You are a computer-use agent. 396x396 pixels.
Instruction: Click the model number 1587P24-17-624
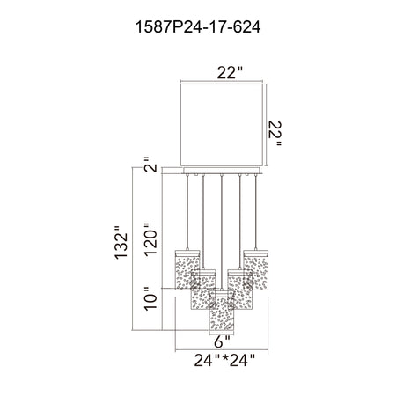tap(198, 27)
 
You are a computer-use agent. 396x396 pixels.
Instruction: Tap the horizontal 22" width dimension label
tap(230, 72)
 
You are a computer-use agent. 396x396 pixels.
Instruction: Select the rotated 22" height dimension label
tap(275, 134)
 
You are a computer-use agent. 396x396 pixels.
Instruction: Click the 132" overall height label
tap(121, 242)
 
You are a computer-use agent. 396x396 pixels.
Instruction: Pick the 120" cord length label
tap(150, 239)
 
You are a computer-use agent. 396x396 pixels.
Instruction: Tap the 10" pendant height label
tap(150, 298)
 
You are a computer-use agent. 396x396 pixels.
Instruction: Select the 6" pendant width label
tap(222, 341)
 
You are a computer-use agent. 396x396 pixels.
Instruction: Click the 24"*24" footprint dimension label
tap(224, 360)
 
